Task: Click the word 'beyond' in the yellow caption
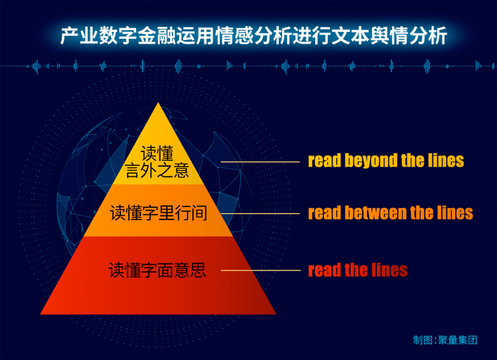tap(371, 161)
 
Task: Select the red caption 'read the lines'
tap(358, 270)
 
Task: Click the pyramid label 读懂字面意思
tap(157, 270)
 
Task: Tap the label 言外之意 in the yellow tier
tap(157, 171)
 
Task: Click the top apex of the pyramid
tap(158, 102)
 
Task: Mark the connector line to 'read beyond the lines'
tap(260, 162)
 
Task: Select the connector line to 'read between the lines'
tap(260, 214)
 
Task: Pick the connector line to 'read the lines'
tap(260, 271)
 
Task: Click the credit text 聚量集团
tap(457, 340)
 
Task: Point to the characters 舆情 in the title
tap(389, 35)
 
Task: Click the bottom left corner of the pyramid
tap(40, 314)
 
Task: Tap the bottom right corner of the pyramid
tap(276, 314)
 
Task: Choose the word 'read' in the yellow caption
tap(324, 161)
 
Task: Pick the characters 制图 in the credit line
tap(423, 340)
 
